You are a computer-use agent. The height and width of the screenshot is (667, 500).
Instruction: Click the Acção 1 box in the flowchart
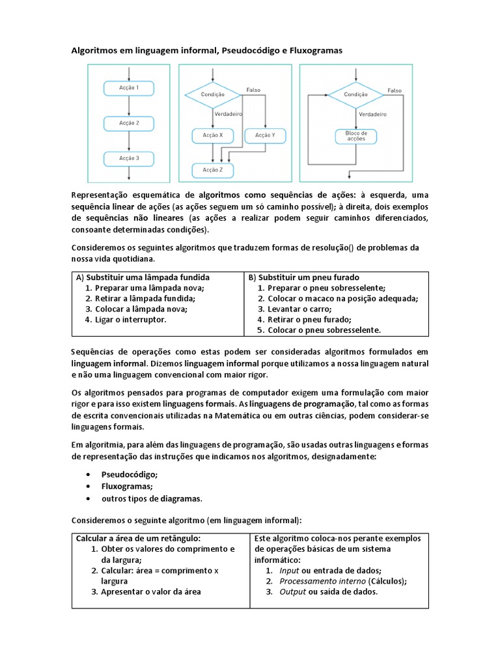(x=128, y=87)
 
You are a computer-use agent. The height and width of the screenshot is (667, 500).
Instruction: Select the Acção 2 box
(x=128, y=122)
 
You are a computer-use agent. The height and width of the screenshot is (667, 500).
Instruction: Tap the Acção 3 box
(x=128, y=158)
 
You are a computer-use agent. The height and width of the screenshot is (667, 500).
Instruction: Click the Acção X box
(x=212, y=135)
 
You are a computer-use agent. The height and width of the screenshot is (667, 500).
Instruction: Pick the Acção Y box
(x=265, y=135)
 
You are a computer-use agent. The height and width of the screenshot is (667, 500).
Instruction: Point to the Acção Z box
(x=212, y=170)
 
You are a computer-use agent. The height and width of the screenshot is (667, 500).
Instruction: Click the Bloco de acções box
(x=355, y=136)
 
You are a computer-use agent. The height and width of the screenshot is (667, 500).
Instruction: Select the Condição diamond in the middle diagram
(x=213, y=94)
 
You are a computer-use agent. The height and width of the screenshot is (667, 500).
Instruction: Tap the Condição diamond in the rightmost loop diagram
(x=355, y=94)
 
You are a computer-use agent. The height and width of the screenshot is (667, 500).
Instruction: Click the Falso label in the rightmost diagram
(x=395, y=91)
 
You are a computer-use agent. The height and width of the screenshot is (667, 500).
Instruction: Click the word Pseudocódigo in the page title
(x=247, y=50)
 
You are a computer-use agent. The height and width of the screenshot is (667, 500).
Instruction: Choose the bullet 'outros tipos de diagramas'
(x=152, y=499)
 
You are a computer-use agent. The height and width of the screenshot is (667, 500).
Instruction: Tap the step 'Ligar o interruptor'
(x=130, y=320)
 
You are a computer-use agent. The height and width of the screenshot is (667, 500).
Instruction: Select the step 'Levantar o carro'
(x=299, y=309)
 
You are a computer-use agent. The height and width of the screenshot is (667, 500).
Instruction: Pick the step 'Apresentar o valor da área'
(x=151, y=592)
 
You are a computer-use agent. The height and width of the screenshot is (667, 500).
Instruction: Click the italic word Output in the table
(x=292, y=592)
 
